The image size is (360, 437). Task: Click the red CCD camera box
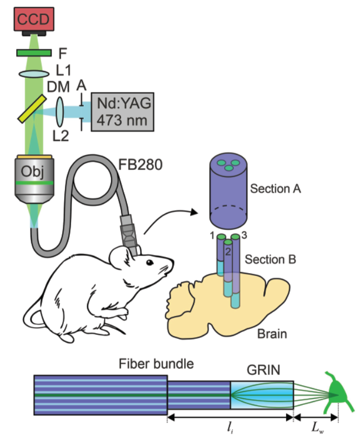[34, 21]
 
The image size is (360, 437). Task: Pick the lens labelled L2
[60, 109]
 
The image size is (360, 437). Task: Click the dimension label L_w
[316, 428]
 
